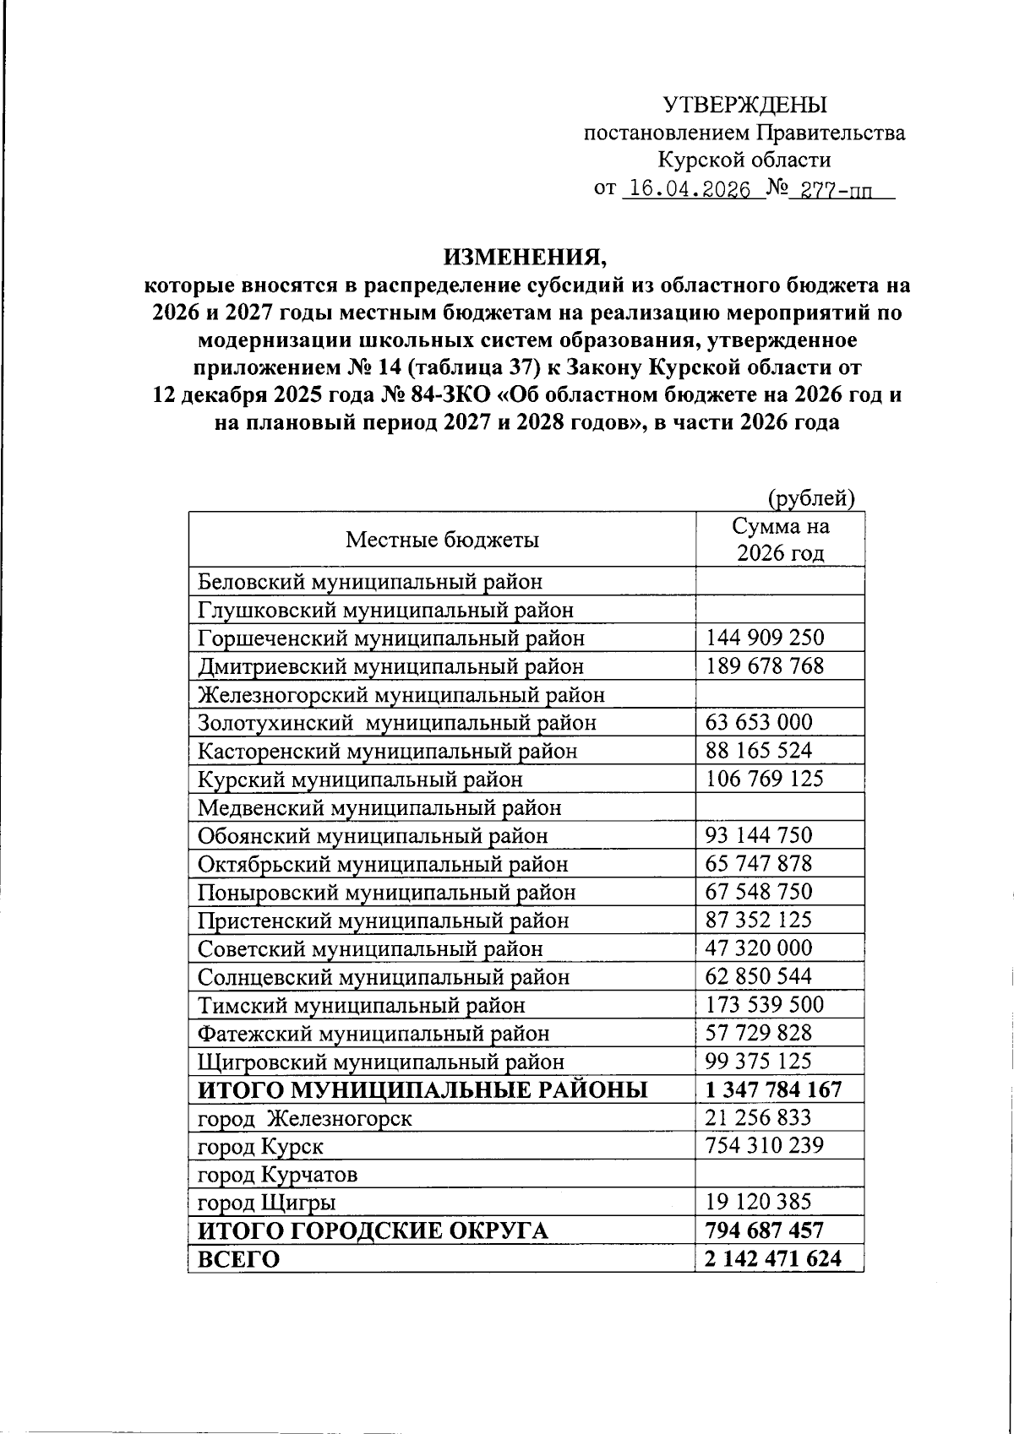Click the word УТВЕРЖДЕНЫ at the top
[744, 105]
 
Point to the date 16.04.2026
[690, 189]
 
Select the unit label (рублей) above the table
[811, 498]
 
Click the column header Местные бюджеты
[442, 540]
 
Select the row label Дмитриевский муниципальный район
[390, 666]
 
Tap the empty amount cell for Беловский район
[779, 581]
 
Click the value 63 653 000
[759, 722]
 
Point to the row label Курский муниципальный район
[360, 779]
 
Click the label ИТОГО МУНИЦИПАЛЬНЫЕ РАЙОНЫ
[422, 1089]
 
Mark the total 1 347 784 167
[773, 1089]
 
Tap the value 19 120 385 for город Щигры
[759, 1202]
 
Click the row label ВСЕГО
[238, 1259]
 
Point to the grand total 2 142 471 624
[773, 1259]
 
